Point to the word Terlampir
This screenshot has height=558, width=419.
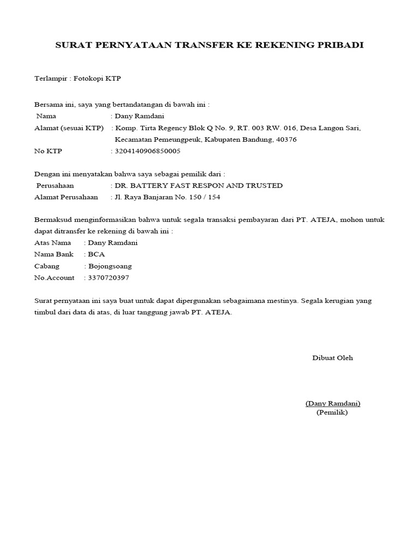[x=49, y=78]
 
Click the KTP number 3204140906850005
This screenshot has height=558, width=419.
[x=147, y=151]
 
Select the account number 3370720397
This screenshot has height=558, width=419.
[x=109, y=278]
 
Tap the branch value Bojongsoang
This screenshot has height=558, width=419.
[x=110, y=266]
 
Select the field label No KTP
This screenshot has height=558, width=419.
[x=49, y=151]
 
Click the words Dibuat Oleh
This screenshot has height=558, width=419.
[x=332, y=358]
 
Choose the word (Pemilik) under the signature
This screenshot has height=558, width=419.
[x=332, y=413]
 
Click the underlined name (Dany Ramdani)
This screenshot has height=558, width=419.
[x=333, y=404]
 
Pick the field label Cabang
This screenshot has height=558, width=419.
[x=47, y=266]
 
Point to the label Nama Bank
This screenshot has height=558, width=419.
[x=53, y=254]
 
